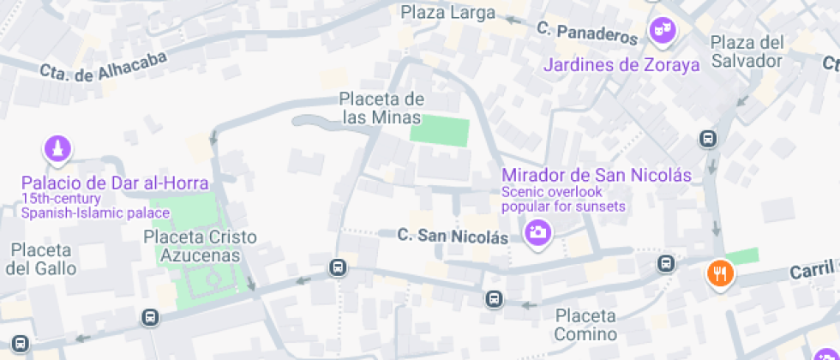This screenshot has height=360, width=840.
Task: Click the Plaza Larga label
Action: click(448, 13)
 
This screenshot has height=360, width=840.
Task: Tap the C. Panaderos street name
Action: click(588, 33)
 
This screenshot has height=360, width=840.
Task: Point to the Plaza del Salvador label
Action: click(747, 51)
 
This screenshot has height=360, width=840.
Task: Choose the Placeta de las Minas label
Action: click(381, 108)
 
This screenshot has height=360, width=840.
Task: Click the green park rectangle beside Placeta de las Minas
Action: click(440, 131)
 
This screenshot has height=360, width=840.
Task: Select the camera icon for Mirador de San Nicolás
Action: click(537, 232)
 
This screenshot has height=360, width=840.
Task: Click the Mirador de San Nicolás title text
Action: click(597, 176)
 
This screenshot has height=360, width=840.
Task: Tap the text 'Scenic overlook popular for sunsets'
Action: click(563, 199)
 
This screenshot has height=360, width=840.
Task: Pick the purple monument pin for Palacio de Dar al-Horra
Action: click(57, 149)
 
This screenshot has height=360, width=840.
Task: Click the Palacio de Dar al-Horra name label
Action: click(116, 183)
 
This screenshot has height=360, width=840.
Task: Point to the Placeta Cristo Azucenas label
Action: click(199, 245)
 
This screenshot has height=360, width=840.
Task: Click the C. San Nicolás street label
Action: click(453, 235)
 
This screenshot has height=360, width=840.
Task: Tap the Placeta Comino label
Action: click(585, 324)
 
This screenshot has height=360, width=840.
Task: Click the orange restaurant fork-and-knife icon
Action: click(719, 273)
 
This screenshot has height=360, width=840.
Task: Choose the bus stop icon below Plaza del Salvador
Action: click(708, 137)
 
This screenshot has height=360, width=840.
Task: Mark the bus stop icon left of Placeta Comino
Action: click(493, 299)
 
